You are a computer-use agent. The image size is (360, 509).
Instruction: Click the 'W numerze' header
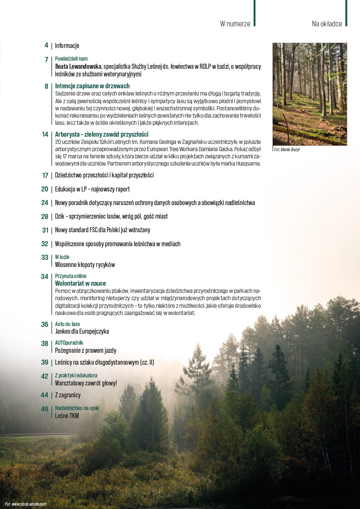235,24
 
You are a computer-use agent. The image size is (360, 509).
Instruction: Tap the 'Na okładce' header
326,24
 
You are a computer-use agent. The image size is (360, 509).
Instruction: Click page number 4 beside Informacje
46,45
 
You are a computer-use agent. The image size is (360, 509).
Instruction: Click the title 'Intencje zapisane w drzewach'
92,86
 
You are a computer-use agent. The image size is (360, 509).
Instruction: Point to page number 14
45,135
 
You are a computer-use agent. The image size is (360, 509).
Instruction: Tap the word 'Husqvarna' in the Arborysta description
248,163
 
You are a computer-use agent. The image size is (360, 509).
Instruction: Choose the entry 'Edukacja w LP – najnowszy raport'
92,189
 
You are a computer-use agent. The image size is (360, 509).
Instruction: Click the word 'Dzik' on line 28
59,216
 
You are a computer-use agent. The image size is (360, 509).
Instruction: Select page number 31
45,230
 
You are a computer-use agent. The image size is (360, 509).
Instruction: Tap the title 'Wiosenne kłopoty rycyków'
85,264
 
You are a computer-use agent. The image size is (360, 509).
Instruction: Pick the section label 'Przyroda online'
70,276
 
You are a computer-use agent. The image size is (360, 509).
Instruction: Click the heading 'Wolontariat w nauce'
80,283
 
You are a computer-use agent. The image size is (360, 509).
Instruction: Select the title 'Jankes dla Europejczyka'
82,331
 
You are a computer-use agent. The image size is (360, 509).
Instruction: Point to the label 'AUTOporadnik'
69,343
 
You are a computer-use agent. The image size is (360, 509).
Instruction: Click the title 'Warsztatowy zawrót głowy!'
86,383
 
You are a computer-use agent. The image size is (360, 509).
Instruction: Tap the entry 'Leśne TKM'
67,416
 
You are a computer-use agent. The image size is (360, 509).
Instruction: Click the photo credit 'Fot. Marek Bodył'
287,150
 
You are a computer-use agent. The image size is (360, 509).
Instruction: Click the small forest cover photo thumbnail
309,94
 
